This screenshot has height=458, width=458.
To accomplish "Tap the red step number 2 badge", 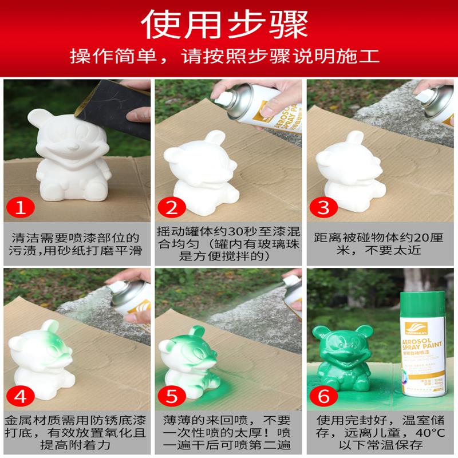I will coord(173,208).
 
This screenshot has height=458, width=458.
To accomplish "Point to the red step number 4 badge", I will coord(21,396).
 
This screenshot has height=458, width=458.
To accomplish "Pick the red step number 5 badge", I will coord(173,396).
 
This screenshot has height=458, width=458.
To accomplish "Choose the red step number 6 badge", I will coord(325,396).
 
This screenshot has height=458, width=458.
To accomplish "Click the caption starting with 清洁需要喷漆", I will coord(77,245).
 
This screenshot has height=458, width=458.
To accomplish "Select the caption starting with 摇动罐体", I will coord(229,245).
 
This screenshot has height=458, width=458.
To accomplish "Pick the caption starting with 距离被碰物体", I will coord(381,245).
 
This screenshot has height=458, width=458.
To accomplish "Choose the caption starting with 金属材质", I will coord(77,434).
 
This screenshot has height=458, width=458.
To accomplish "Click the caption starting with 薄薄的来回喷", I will coord(229,434).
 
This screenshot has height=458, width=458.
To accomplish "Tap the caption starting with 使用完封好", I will coord(381,434).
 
